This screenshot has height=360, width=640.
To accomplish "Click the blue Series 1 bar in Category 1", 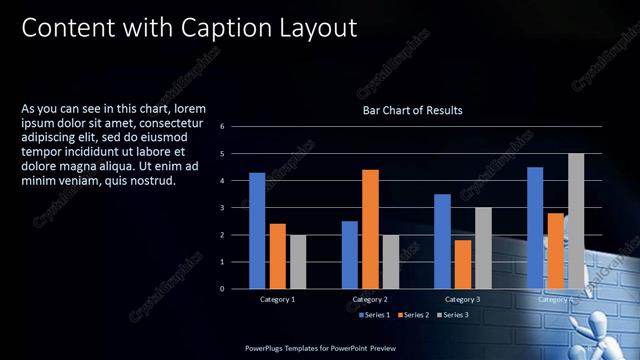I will coord(257,231).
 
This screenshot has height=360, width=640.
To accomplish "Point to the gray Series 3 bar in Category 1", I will coord(298,262).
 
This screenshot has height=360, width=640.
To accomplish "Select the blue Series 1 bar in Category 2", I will coord(350,255).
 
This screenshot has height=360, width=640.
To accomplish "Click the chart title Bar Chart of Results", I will coord(412,110).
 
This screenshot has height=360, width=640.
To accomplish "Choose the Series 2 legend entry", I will coord(414,315).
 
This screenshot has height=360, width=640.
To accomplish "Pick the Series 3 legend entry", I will coord(453,315).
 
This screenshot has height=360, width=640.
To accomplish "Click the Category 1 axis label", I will coord(278,299).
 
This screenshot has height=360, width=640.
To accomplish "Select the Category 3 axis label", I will coord(462,299).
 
